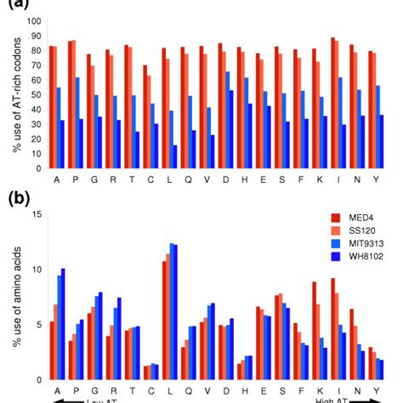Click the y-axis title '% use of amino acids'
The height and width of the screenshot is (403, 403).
(x=11, y=298)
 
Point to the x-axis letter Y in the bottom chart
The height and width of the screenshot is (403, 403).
(x=374, y=391)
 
